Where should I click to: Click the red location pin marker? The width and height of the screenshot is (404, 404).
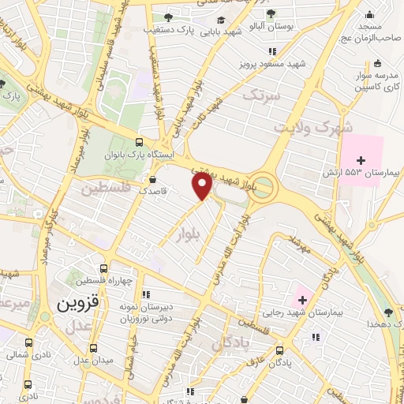click(203, 186)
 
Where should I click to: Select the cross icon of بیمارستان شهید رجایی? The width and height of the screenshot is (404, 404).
click(301, 299)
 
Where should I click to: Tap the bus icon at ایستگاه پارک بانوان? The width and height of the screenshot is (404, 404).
click(140, 142)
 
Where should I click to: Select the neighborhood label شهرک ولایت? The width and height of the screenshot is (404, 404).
click(310, 126)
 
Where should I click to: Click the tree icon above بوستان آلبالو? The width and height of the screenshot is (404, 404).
click(271, 13)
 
